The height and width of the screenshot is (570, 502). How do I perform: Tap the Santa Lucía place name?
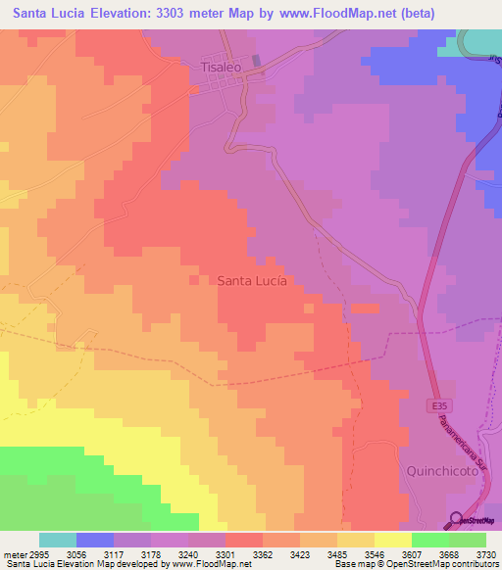(252, 280)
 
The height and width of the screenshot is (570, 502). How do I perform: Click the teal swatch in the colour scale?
(58, 540)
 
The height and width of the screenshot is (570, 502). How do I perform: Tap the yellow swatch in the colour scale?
(392, 540)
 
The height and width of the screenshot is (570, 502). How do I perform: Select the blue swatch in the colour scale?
(95, 540)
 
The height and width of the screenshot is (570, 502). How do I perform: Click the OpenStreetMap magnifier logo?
(455, 520)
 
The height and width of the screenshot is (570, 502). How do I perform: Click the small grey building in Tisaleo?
(257, 61)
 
